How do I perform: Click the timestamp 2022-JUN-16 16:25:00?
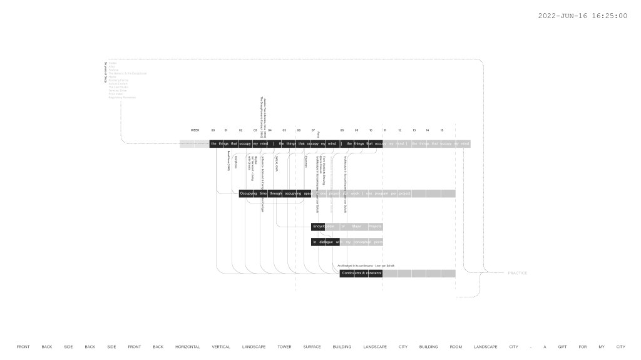coord(582,16)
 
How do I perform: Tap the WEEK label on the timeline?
coord(195,130)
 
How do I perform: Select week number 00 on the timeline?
coord(213,130)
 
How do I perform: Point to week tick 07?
coord(313,130)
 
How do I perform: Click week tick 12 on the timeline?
coord(399,130)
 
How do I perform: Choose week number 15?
coord(442,130)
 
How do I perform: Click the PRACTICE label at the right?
coord(517,273)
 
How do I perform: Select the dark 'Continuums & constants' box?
coord(361,273)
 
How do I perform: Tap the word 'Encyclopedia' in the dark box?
coord(323,226)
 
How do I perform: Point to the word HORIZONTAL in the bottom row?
coord(187,347)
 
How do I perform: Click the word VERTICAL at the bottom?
coord(221,347)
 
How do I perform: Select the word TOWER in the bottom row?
coord(284,347)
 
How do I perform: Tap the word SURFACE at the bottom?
coord(312,347)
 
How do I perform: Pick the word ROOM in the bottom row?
coord(456,347)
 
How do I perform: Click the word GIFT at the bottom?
coord(563,347)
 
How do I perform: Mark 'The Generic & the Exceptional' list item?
coord(128,73)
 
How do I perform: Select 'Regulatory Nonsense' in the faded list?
coord(121,97)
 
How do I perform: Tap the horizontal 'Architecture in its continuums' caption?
coord(366,265)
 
